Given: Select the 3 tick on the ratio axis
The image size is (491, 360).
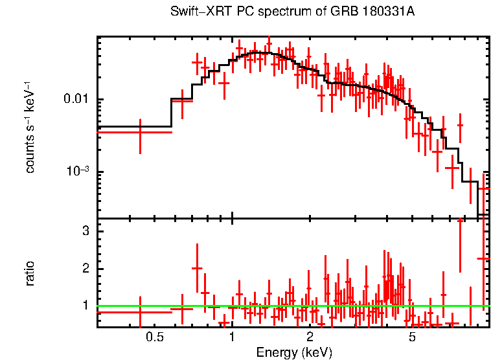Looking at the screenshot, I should click(x=85, y=232).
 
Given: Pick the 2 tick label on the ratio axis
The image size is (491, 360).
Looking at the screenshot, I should click(x=85, y=269).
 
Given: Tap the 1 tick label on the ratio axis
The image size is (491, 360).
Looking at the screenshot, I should click(x=85, y=305).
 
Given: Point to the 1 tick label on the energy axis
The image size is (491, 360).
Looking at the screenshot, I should click(x=232, y=337).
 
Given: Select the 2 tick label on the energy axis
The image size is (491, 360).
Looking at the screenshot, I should click(x=310, y=337).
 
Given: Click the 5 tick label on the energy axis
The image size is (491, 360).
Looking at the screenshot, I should click(x=413, y=337).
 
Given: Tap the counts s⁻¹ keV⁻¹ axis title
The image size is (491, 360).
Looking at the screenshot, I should click(x=30, y=127).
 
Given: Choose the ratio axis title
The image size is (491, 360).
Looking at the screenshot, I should click(x=30, y=273).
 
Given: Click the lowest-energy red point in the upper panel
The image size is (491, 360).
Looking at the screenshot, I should click(x=140, y=132).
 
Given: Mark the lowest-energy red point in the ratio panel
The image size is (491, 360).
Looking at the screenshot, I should click(x=140, y=312).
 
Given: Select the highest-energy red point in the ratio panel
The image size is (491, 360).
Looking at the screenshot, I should click(x=484, y=258).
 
